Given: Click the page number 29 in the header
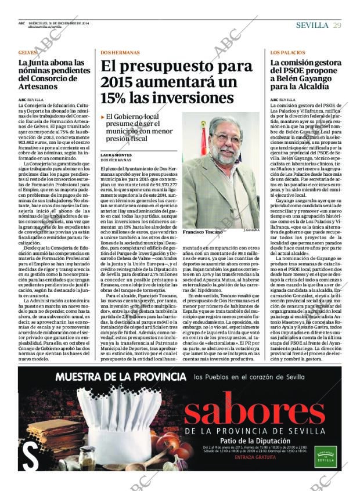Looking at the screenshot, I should tap(337, 25).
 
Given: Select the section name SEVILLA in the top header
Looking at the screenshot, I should tap(313, 25).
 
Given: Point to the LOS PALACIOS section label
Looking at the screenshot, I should tap(287, 52).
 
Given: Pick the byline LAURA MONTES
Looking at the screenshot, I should tap(116, 156).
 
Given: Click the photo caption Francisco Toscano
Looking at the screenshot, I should tap(201, 231).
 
